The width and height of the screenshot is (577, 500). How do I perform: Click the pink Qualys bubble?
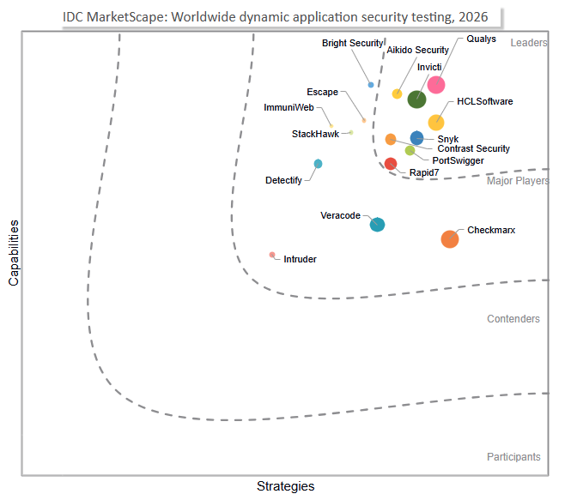click(436, 85)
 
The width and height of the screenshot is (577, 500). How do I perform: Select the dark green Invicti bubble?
click(417, 99)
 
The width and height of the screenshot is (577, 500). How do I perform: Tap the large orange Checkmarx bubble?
click(450, 239)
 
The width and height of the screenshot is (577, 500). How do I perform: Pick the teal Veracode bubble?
click(377, 224)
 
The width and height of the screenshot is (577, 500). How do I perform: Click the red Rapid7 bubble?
click(391, 164)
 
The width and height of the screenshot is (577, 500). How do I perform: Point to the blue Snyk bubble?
click(416, 138)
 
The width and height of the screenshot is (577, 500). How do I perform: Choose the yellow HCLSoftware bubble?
click(436, 123)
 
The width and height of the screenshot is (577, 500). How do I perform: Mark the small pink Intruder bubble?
click(272, 255)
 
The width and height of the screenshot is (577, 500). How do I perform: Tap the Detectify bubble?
click(318, 164)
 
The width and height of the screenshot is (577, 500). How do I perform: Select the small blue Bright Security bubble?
click(371, 85)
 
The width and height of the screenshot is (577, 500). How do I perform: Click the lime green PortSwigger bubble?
click(410, 150)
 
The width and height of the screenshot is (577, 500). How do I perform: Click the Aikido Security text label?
click(417, 50)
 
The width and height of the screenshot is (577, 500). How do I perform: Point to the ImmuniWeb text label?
click(288, 107)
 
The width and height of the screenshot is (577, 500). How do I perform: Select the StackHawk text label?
click(315, 134)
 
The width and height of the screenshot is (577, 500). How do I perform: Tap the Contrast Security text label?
click(474, 148)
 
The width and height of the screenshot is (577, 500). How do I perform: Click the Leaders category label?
click(529, 43)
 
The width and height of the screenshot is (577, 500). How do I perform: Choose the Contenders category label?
click(513, 319)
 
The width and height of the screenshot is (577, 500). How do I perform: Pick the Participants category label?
click(513, 456)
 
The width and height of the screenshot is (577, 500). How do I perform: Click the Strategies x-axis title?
click(286, 486)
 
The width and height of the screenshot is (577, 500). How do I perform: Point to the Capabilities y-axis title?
click(14, 253)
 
